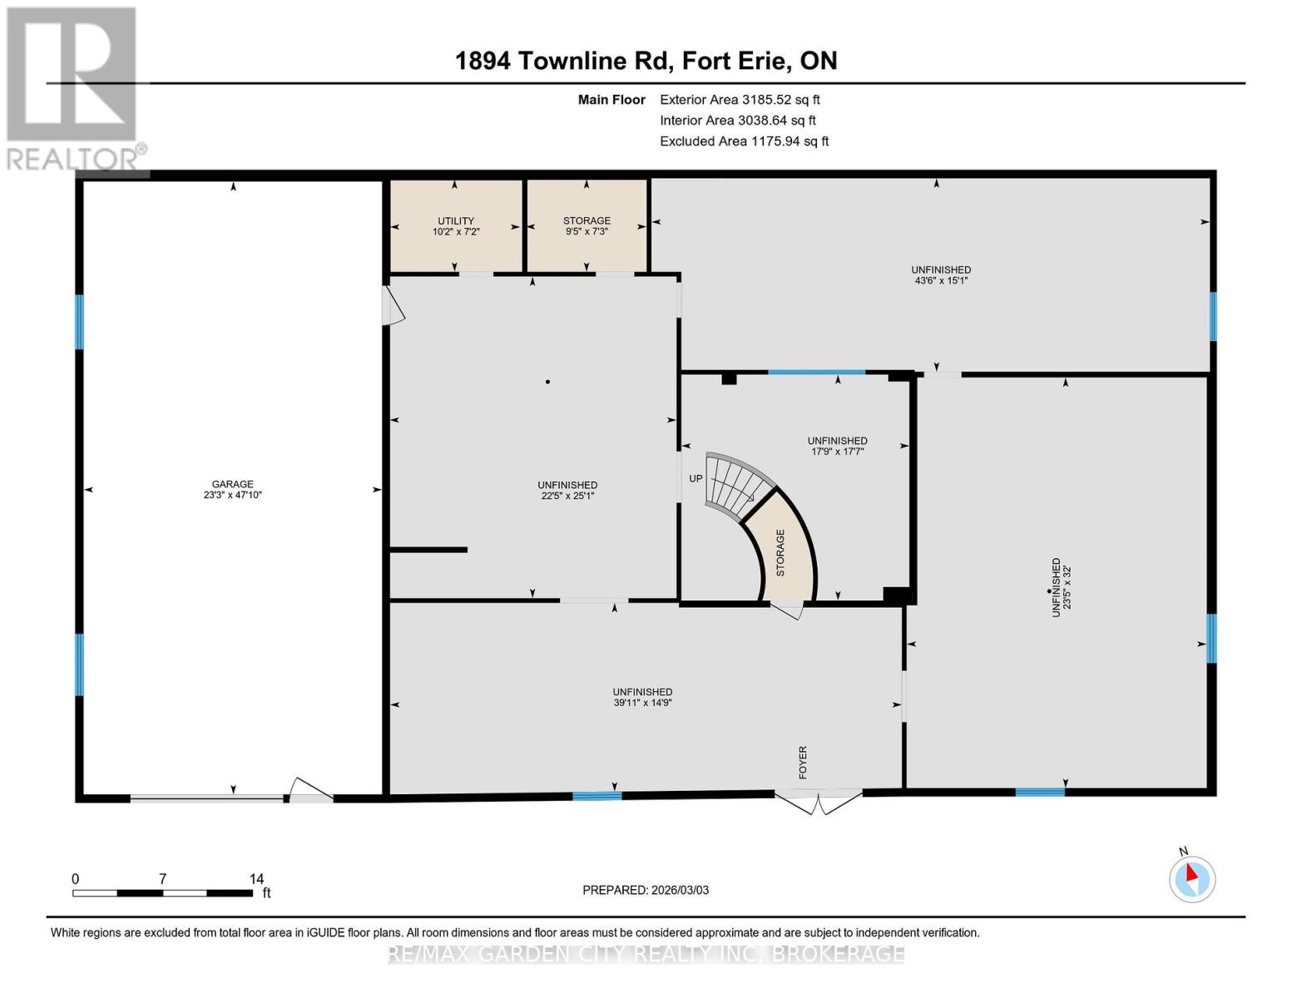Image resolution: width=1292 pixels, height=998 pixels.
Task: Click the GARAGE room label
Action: click(x=232, y=484)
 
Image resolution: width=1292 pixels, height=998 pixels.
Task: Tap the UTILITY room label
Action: click(x=456, y=220)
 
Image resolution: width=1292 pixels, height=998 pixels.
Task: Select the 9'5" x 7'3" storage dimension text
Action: click(x=587, y=231)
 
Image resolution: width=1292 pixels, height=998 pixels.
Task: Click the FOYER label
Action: click(x=803, y=762)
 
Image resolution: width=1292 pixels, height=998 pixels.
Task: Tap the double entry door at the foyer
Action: click(x=818, y=800)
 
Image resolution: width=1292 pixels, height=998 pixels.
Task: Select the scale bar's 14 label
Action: click(x=256, y=878)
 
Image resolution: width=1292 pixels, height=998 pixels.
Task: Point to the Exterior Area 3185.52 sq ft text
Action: click(x=740, y=100)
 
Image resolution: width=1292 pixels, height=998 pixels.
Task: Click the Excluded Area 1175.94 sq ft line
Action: click(x=744, y=141)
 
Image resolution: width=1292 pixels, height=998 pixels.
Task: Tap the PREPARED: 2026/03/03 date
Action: click(x=646, y=890)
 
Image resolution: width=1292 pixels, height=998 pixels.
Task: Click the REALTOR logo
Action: click(x=73, y=88)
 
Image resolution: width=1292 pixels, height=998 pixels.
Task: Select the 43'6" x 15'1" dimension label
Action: click(x=941, y=281)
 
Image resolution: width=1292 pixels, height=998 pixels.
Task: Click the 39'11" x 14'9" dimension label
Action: click(x=642, y=703)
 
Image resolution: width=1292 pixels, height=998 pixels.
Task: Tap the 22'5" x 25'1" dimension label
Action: click(x=567, y=496)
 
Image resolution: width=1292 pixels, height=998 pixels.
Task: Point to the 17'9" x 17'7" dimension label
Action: click(x=837, y=452)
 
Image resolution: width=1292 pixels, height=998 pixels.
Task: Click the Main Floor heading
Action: click(x=611, y=100)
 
